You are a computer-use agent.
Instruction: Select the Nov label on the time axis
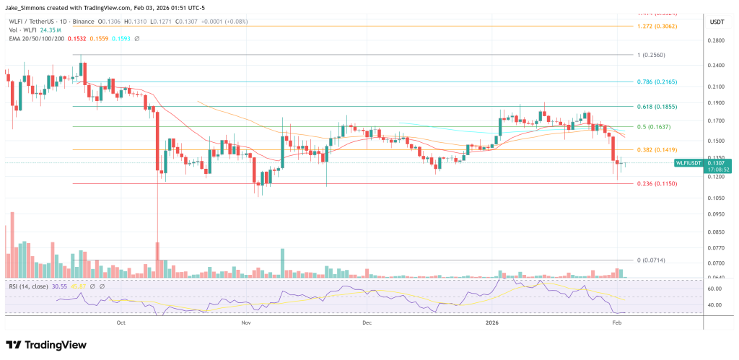tap(246, 324)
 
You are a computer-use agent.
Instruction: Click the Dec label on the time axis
tap(366, 324)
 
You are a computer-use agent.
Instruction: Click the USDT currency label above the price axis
tap(717, 22)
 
